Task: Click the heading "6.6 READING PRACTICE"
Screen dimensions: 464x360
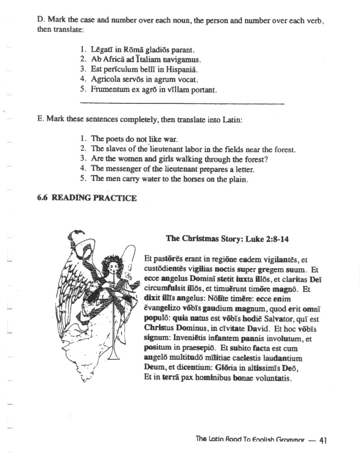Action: [x=87, y=198]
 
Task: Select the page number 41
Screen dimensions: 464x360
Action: [x=323, y=440]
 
